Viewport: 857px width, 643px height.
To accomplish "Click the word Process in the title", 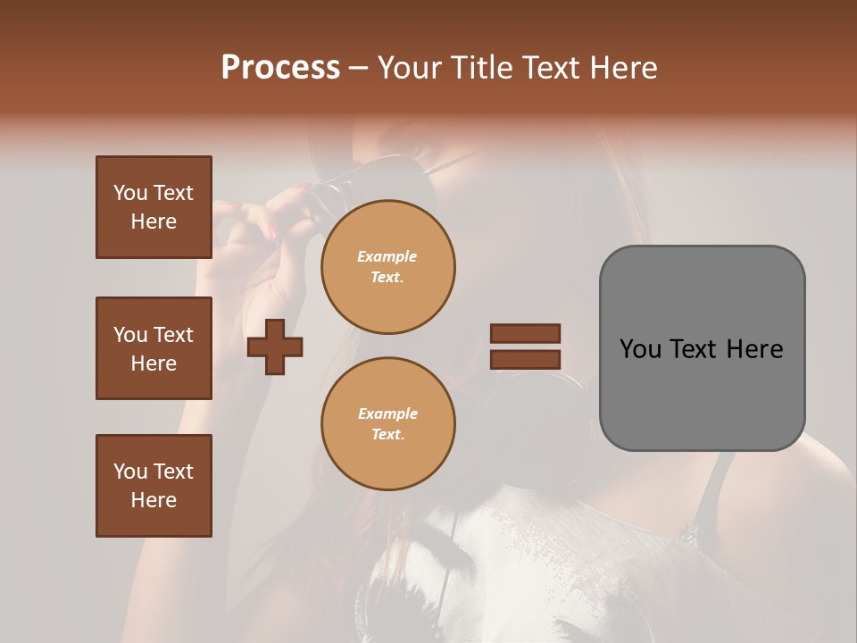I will point(280,68).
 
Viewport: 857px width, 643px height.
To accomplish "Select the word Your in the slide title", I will point(414,68).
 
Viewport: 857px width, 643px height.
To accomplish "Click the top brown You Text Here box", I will point(154,207).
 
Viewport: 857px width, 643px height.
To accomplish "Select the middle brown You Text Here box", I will point(154,348).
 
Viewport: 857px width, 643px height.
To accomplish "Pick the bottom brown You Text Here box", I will point(154,486).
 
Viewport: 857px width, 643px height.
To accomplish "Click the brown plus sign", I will point(275,347).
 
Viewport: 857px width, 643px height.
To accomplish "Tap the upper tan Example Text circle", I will point(387,267).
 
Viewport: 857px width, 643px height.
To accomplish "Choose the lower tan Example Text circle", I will point(387,423).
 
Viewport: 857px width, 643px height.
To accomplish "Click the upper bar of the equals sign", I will point(525,333).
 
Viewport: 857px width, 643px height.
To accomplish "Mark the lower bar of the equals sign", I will point(525,359).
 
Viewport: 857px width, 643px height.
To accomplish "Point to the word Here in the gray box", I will point(754,349).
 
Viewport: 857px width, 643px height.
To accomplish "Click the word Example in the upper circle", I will point(387,256).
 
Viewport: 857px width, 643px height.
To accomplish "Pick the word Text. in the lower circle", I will point(387,434).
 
